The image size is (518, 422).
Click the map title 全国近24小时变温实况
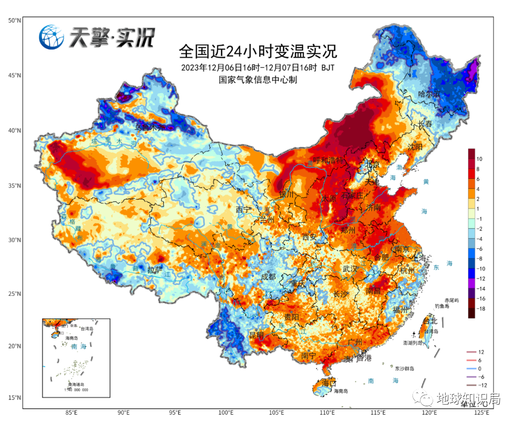click(258, 50)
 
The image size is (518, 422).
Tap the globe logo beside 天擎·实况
click(52, 37)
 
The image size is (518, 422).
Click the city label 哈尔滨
click(429, 94)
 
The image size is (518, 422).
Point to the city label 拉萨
click(155, 270)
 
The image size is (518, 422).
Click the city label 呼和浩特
click(329, 160)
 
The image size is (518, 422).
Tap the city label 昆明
click(256, 335)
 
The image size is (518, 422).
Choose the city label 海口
click(329, 383)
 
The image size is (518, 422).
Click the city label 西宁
click(244, 210)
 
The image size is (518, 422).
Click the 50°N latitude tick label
click(14, 21)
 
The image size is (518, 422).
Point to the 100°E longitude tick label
click(226, 413)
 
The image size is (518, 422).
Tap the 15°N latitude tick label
click(14, 398)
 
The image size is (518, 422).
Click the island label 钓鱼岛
click(442, 306)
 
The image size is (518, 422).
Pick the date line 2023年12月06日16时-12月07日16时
click(249, 68)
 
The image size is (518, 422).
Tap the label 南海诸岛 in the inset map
click(76, 385)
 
